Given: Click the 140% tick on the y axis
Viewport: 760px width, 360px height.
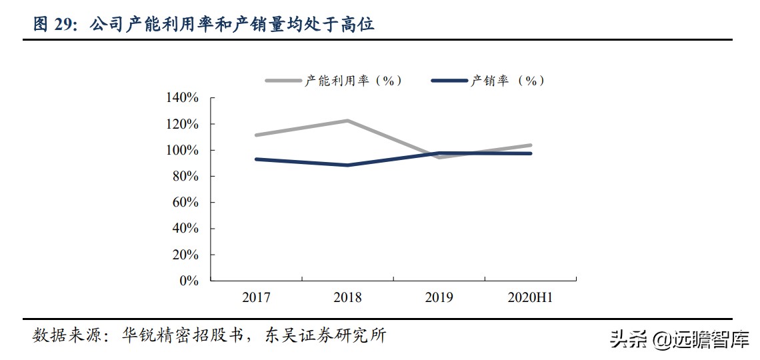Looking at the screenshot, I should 182,98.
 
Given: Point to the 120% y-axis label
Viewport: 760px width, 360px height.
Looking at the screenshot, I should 182,124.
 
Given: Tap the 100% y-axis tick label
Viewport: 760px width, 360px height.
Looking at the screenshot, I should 182,150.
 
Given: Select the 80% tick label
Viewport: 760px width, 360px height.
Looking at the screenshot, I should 185,176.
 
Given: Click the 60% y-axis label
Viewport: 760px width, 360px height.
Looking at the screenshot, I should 185,202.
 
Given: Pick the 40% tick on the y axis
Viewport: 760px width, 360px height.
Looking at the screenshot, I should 185,229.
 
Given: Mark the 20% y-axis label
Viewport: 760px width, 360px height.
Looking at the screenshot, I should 185,255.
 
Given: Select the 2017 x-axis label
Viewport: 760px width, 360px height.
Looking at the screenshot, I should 256,298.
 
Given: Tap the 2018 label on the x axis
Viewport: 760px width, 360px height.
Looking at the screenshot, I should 347,298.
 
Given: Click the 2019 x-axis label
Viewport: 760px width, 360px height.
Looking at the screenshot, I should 439,298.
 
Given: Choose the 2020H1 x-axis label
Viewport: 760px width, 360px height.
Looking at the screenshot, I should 531,298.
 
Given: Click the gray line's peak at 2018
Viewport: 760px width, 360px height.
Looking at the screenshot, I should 347,121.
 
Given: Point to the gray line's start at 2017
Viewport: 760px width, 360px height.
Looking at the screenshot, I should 257,135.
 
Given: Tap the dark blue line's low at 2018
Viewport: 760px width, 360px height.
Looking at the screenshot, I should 347,165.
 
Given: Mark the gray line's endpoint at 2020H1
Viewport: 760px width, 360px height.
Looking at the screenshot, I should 531,145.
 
